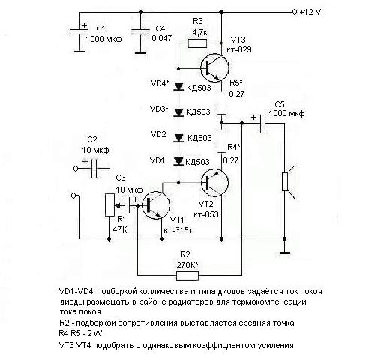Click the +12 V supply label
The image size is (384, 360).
click(x=310, y=12)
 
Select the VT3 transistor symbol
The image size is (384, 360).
click(x=214, y=67)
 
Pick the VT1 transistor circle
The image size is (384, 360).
click(x=156, y=205)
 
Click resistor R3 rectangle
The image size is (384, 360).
click(x=197, y=43)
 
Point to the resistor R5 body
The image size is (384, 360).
click(x=221, y=103)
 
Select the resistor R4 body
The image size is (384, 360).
click(x=221, y=141)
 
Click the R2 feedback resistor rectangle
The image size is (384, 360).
click(x=187, y=276)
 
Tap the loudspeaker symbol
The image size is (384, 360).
click(x=289, y=182)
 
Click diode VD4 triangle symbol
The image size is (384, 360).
click(x=178, y=86)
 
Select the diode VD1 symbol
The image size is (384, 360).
click(x=178, y=161)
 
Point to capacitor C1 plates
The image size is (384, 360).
click(x=79, y=31)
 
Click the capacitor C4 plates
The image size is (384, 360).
click(x=140, y=31)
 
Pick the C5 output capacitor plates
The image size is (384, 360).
click(x=262, y=124)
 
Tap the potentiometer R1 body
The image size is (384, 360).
click(x=109, y=205)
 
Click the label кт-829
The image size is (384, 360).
click(x=239, y=49)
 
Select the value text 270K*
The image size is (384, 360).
click(x=187, y=265)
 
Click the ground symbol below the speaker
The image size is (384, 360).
click(x=284, y=253)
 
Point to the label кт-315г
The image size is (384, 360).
click(x=178, y=230)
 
